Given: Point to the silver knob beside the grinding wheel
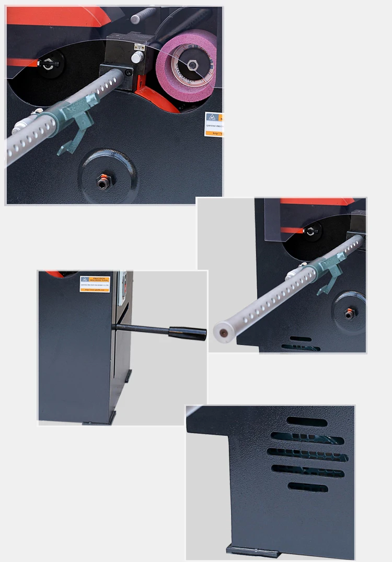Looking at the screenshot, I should click(x=137, y=57).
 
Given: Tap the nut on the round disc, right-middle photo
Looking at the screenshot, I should click(x=349, y=314).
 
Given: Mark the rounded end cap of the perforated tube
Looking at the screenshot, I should click(x=222, y=333).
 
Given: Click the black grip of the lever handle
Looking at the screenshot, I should click(x=187, y=333).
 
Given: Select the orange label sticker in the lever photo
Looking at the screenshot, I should click(x=95, y=284).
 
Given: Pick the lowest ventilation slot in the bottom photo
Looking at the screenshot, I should click(x=308, y=487).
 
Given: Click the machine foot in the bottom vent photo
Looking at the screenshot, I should click(x=250, y=551).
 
